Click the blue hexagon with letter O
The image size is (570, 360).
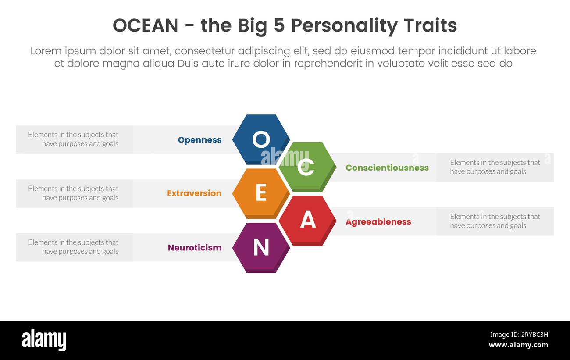260,139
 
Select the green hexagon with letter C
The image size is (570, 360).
307,166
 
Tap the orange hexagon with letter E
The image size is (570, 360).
260,193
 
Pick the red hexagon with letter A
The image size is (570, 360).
307,220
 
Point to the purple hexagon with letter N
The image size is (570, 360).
260,247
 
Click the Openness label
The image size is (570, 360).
199,140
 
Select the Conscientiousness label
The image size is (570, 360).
387,168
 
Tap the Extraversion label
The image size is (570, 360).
194,193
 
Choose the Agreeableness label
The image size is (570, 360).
378,222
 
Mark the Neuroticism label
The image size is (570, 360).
194,248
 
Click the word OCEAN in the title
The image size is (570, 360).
145,26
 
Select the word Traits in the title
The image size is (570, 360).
430,26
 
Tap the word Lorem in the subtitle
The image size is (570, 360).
46,51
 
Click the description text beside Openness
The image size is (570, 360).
73,139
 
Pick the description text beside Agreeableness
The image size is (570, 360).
495,221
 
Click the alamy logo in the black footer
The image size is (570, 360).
44,340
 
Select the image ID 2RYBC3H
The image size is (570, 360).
519,335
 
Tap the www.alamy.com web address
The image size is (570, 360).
518,345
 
